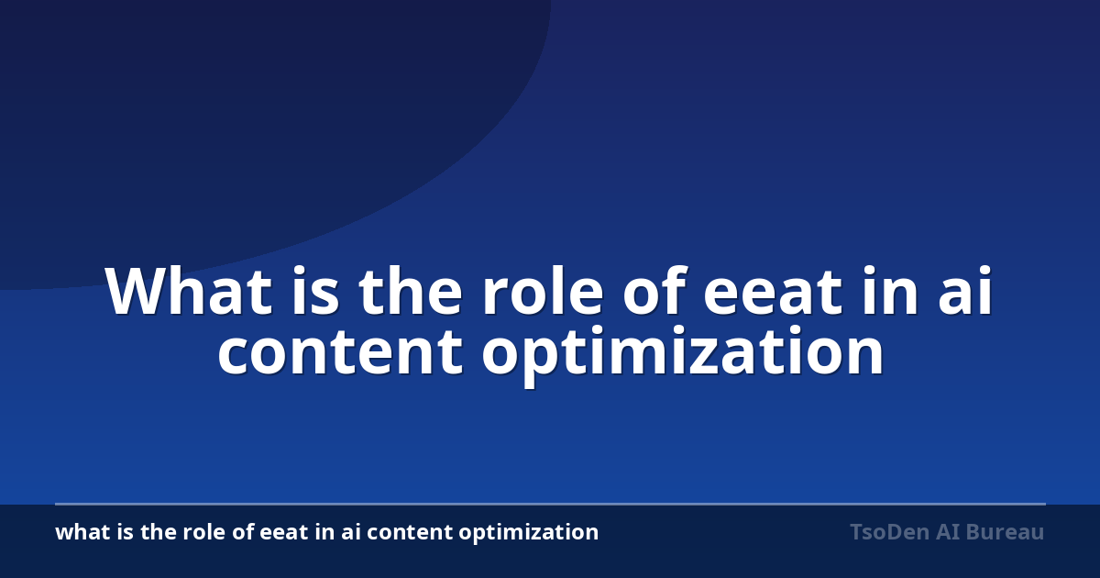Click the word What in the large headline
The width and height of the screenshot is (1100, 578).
click(x=189, y=291)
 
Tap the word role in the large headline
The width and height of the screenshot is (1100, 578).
click(x=543, y=290)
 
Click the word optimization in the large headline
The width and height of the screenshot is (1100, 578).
click(x=683, y=355)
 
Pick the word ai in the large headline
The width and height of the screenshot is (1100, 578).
click(x=965, y=290)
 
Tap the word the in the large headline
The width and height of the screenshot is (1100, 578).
click(x=411, y=290)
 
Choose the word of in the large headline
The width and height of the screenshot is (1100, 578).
click(x=654, y=290)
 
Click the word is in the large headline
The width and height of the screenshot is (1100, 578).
click(x=315, y=290)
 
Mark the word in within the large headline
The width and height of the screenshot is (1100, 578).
click(x=890, y=290)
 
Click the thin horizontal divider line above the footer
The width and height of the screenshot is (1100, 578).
click(x=551, y=504)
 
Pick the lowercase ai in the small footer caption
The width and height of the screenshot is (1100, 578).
click(x=351, y=532)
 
